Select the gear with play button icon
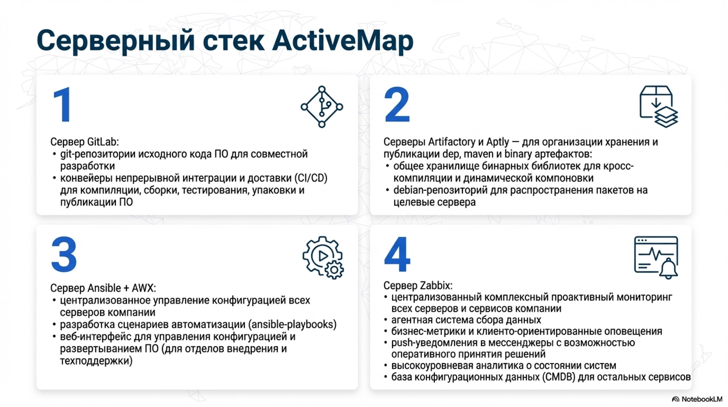pyautogui.click(x=323, y=257)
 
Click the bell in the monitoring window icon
pyautogui.click(x=668, y=269)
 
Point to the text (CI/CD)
pyautogui.click(x=311, y=178)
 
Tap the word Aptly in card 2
pyautogui.click(x=497, y=141)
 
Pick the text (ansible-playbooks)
pyautogui.click(x=292, y=324)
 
